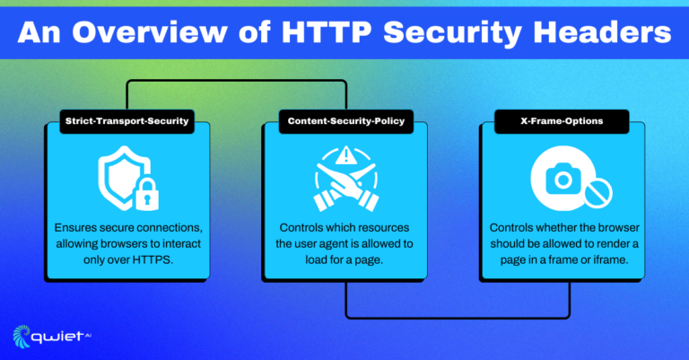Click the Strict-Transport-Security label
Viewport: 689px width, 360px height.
126,120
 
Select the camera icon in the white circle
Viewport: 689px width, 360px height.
563,178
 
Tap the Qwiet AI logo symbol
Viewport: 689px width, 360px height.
23,336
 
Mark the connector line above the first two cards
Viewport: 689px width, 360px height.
236,82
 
